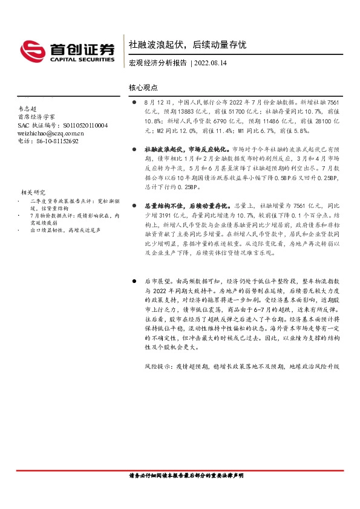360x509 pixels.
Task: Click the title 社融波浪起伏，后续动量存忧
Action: (187, 45)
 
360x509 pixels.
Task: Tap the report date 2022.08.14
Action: (214, 63)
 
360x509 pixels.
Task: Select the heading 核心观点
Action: (143, 88)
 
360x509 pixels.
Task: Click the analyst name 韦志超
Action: (28, 108)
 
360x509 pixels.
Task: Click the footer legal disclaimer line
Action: (186, 476)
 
